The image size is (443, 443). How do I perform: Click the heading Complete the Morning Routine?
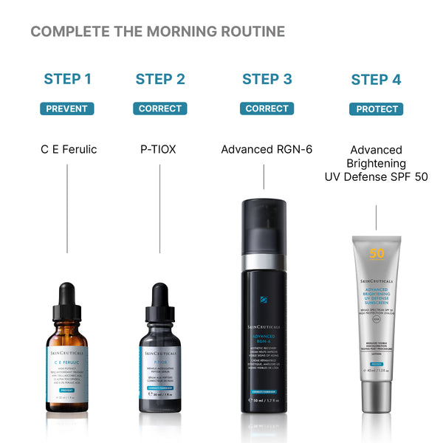(x=157, y=32)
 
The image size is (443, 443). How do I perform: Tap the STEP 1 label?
(x=67, y=79)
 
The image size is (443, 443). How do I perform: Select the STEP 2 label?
(x=160, y=79)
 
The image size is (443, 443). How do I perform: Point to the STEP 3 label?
(x=267, y=79)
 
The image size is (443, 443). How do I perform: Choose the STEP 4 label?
(x=376, y=80)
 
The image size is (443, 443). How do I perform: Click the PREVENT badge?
(x=67, y=109)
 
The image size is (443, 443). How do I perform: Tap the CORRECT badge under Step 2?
(x=160, y=109)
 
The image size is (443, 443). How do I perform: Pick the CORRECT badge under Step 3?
(x=267, y=109)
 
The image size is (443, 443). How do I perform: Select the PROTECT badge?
(x=376, y=109)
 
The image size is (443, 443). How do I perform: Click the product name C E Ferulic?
(x=69, y=149)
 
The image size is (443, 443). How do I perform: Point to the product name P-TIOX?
(x=158, y=149)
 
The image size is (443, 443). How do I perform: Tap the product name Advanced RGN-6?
(x=267, y=149)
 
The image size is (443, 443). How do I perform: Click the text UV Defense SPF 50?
(x=376, y=176)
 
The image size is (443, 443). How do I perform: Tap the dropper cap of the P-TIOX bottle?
(x=159, y=299)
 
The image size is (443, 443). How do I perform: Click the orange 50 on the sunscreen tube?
(x=377, y=253)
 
